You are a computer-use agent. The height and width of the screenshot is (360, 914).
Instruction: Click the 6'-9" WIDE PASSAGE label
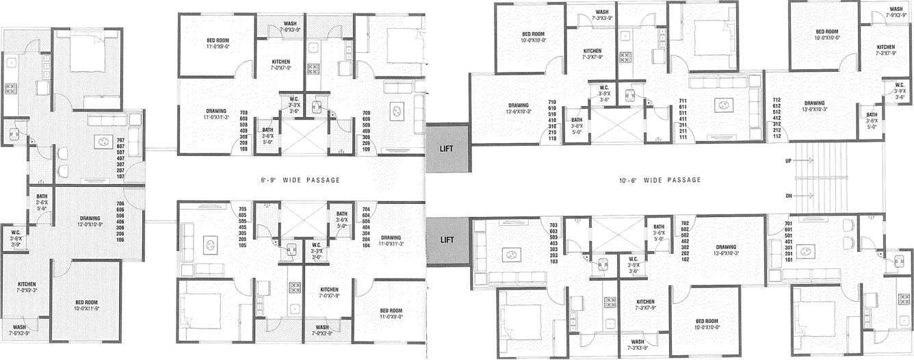(x=300, y=180)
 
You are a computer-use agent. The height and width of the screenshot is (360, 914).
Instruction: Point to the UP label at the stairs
(x=789, y=161)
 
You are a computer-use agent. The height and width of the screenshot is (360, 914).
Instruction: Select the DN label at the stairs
(x=789, y=196)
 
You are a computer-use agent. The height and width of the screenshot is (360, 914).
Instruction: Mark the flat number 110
(x=552, y=138)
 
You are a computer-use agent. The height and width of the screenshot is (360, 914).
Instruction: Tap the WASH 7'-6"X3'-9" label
(x=19, y=331)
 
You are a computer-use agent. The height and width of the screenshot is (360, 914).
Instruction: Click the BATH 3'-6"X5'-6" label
(x=42, y=203)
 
